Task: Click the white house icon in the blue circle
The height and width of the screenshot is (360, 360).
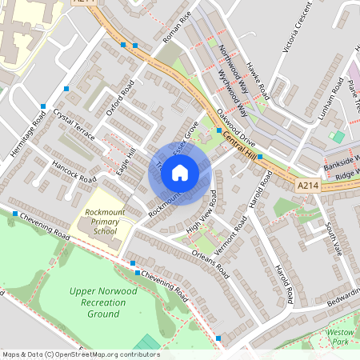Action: click(180, 171)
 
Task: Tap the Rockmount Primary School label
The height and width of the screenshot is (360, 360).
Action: click(101, 222)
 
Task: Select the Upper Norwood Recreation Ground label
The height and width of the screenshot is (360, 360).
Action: click(105, 302)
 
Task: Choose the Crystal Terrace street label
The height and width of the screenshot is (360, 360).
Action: click(74, 125)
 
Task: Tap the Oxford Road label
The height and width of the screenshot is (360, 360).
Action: click(121, 102)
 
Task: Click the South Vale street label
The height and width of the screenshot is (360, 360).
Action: click(334, 240)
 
